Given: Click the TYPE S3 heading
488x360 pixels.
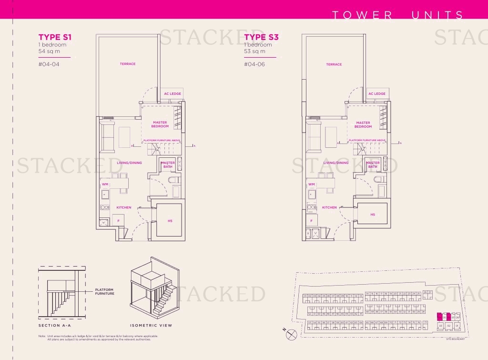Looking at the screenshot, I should pyautogui.click(x=261, y=37).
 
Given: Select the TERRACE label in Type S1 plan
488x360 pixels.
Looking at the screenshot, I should pyautogui.click(x=128, y=64).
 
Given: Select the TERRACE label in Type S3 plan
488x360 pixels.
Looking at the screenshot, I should pyautogui.click(x=334, y=64).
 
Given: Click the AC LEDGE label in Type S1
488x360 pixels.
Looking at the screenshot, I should pyautogui.click(x=173, y=94).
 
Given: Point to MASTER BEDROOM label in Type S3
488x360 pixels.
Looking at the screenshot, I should pyautogui.click(x=363, y=124).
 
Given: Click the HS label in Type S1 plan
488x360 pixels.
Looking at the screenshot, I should pyautogui.click(x=170, y=221).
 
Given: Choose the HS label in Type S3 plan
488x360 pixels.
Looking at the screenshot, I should pyautogui.click(x=373, y=215).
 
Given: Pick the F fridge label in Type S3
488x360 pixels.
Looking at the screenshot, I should pyautogui.click(x=311, y=221).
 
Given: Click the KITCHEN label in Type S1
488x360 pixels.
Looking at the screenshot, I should pyautogui.click(x=124, y=208).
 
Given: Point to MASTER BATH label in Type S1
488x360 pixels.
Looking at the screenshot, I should pyautogui.click(x=168, y=165).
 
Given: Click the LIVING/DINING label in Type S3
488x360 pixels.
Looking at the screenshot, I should pyautogui.click(x=335, y=163).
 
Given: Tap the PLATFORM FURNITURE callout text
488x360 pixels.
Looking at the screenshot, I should pyautogui.click(x=104, y=291).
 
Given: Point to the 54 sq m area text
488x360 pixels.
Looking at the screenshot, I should pyautogui.click(x=49, y=51).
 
